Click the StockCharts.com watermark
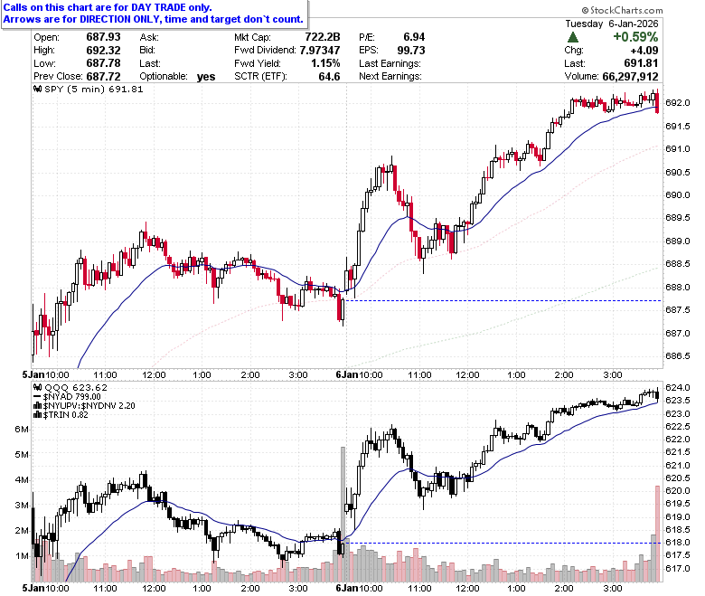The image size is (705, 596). [x=622, y=10]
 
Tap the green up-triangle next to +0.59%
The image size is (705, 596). [x=573, y=37]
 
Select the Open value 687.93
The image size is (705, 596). [x=103, y=37]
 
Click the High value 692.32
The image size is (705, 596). [x=103, y=50]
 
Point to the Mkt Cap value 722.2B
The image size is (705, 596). [x=323, y=37]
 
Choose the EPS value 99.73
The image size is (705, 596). [x=411, y=50]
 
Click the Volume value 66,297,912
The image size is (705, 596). [x=630, y=77]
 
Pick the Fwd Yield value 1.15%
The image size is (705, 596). [x=325, y=63]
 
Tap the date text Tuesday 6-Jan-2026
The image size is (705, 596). [x=612, y=24]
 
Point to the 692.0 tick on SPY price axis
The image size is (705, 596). [x=678, y=103]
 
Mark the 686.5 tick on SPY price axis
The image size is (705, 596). [x=678, y=356]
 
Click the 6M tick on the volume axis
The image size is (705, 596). [x=22, y=429]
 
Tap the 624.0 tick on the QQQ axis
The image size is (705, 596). [x=678, y=388]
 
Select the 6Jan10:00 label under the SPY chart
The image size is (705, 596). [x=359, y=374]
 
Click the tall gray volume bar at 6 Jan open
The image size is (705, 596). [x=343, y=514]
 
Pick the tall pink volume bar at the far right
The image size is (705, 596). [x=657, y=534]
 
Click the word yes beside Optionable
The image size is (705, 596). [x=206, y=77]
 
